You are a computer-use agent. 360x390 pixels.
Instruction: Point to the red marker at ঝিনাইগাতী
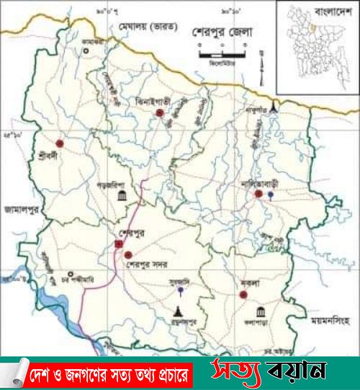160,113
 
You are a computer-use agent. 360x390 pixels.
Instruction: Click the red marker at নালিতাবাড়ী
257,193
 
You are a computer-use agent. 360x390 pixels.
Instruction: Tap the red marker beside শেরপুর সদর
128,255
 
